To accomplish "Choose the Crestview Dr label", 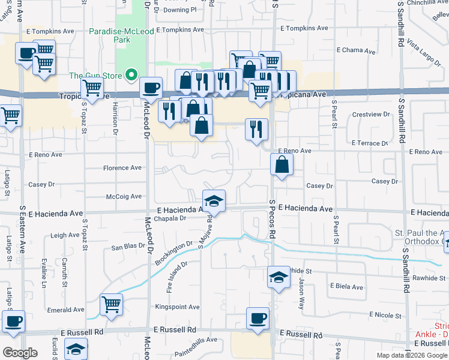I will [x=371, y=114].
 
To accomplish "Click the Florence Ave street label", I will [x=122, y=168].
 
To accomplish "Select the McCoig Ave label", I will [x=124, y=196].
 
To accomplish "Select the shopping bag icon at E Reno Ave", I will [x=282, y=164].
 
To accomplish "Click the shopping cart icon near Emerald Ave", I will [x=112, y=305].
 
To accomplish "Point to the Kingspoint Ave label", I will [x=177, y=307].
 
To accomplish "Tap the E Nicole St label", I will [x=385, y=315].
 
